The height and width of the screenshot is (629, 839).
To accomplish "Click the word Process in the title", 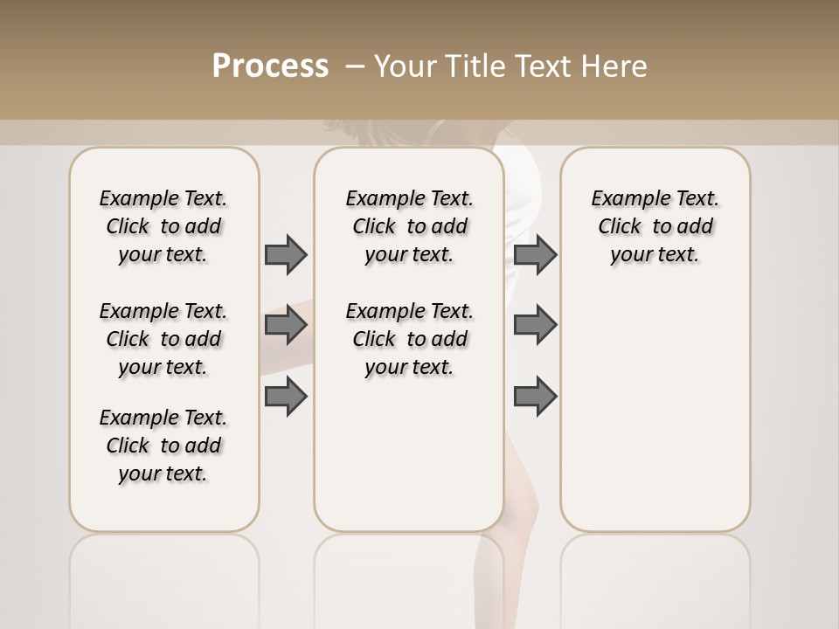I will [x=270, y=66].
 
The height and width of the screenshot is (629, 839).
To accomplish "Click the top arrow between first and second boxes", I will [x=286, y=254].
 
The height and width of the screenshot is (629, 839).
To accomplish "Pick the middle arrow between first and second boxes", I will [x=286, y=325].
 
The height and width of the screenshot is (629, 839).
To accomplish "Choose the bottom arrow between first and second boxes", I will [x=286, y=397].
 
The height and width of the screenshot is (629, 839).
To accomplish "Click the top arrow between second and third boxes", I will [x=535, y=254].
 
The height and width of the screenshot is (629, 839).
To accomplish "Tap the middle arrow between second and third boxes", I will [x=535, y=325].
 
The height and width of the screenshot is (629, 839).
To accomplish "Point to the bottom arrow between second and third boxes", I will [x=535, y=397].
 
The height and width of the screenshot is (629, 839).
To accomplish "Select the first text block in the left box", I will [x=163, y=226].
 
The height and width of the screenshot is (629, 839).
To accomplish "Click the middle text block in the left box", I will [x=163, y=339].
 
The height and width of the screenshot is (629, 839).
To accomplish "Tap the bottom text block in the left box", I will [x=163, y=446].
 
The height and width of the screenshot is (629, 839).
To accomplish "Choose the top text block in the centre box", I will [x=409, y=226].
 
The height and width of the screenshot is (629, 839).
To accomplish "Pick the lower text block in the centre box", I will [x=409, y=339].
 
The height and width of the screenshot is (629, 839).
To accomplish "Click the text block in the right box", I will [x=655, y=226].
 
